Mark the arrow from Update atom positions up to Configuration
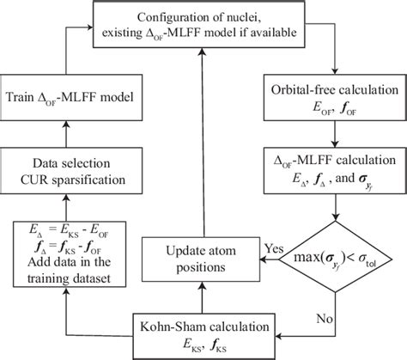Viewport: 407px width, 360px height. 199,146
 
